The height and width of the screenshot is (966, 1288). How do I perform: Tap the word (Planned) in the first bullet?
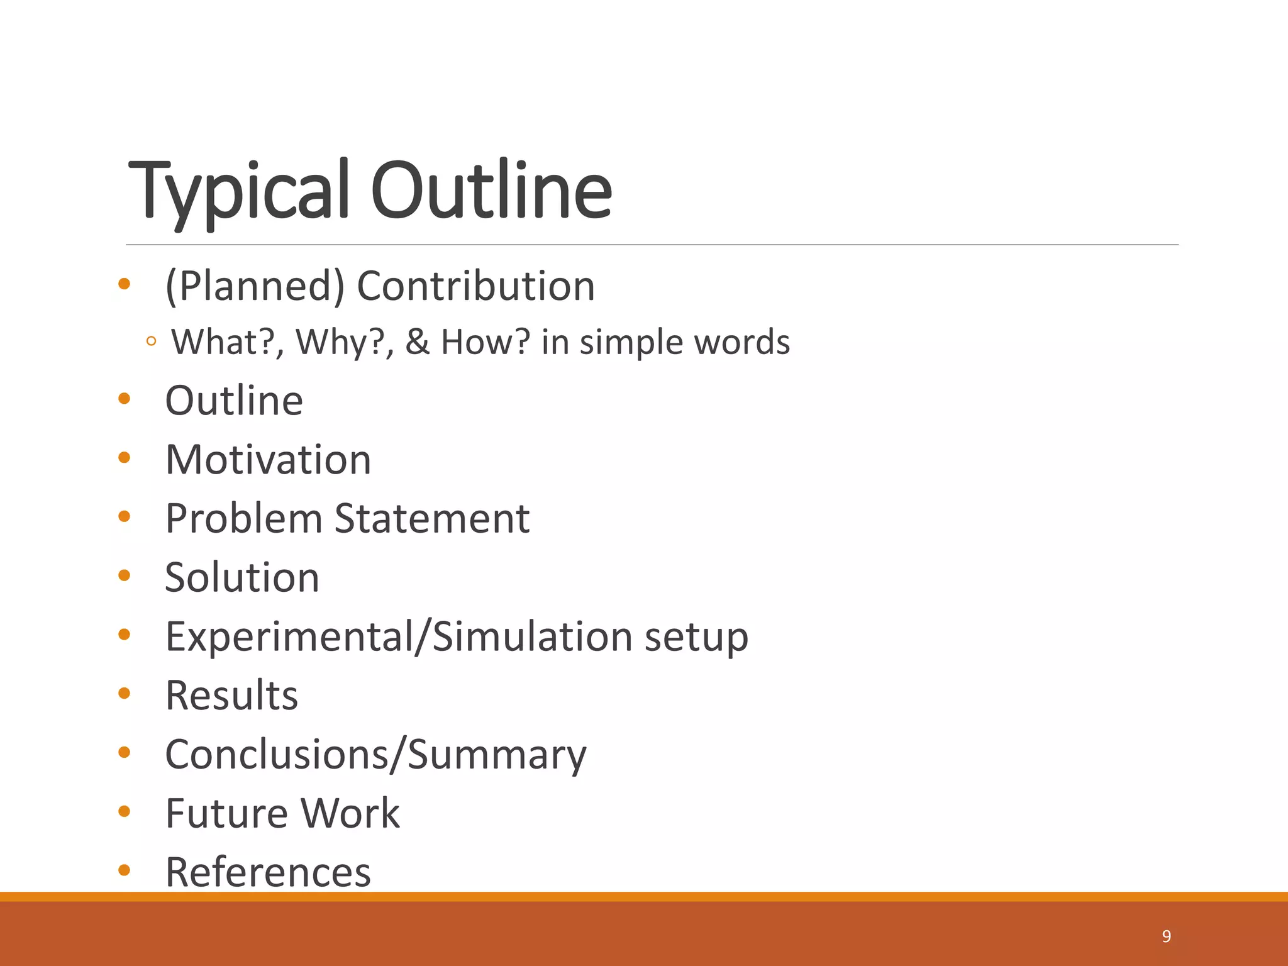[x=255, y=286]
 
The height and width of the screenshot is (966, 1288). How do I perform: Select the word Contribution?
[x=475, y=286]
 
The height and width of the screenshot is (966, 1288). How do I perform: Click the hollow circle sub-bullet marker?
[x=151, y=342]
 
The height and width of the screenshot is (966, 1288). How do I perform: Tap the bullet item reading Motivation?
[x=268, y=460]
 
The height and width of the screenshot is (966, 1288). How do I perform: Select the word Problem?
[x=244, y=519]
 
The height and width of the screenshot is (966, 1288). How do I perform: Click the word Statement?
[x=432, y=519]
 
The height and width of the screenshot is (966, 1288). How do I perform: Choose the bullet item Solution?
[x=242, y=577]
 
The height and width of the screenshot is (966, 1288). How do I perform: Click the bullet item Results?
[x=231, y=696]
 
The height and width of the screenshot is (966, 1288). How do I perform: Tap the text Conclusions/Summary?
[x=375, y=755]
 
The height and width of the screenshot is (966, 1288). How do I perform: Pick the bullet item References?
[x=268, y=872]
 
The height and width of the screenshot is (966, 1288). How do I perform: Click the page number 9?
[x=1167, y=936]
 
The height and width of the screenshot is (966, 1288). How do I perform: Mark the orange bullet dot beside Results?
[x=124, y=693]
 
